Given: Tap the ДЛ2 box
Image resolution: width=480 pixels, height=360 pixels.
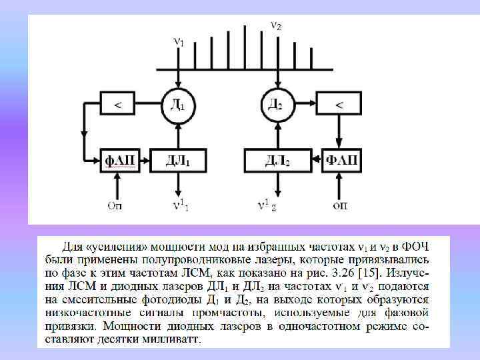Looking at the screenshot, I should tap(275, 160).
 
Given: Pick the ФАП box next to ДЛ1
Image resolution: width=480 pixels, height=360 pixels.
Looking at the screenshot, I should tap(121, 160).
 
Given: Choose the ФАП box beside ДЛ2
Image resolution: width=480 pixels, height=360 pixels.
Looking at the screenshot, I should tap(340, 160).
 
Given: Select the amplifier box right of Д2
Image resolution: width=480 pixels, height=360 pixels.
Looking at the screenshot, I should tap(339, 103).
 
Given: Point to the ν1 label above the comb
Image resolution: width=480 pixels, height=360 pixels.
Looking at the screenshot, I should tap(178, 42).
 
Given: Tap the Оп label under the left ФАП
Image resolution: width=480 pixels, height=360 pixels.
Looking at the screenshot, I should tap(115, 205).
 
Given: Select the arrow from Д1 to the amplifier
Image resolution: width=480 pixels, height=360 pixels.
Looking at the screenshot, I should tap(148, 104).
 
